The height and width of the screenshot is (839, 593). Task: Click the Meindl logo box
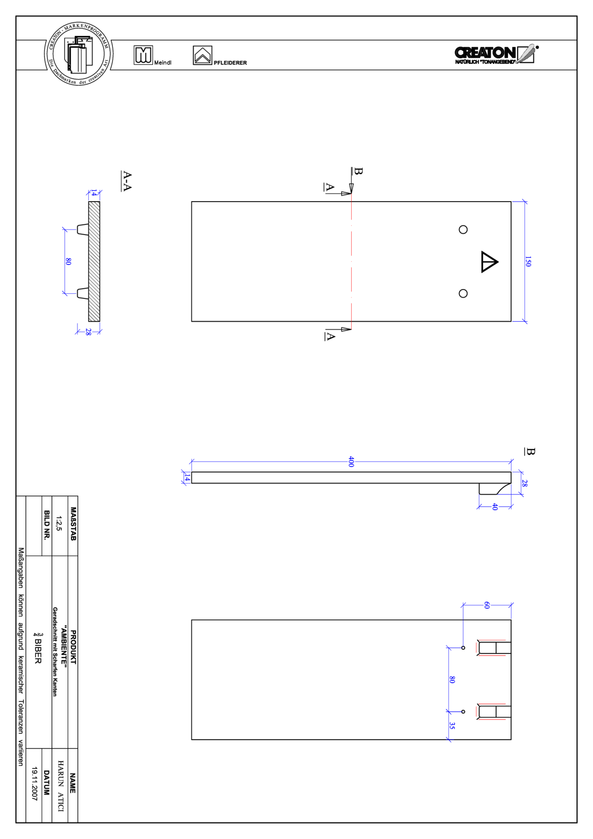tap(143, 55)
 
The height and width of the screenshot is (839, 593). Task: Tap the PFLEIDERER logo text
tap(230, 63)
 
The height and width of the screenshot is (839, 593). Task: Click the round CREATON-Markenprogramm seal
tap(79, 54)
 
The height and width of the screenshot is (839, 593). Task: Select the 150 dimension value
tap(527, 261)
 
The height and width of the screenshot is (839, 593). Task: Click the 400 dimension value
tap(351, 461)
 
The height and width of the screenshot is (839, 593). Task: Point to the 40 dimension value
tap(495, 506)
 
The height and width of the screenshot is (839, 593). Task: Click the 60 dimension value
tap(486, 605)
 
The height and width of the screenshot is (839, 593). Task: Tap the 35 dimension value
tap(452, 726)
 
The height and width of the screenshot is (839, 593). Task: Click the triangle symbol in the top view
tap(488, 262)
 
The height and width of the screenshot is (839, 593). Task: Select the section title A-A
tap(127, 181)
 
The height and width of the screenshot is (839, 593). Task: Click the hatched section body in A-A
tap(94, 261)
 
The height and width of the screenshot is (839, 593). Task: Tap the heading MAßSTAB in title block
tap(73, 524)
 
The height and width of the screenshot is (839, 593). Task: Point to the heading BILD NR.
tap(47, 525)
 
